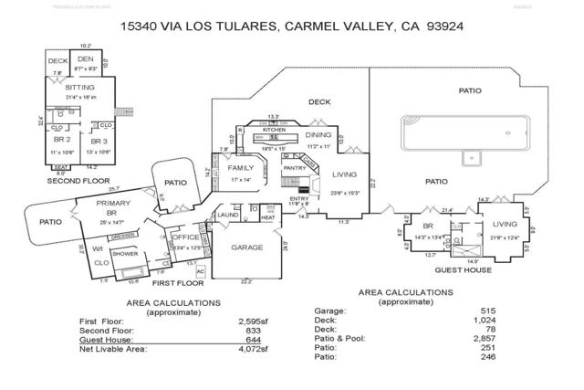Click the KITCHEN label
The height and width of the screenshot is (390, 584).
click(x=275, y=130)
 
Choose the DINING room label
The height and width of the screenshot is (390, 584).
click(x=318, y=135)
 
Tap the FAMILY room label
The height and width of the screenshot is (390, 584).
click(x=241, y=169)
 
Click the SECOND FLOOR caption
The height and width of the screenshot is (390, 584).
click(x=78, y=181)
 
